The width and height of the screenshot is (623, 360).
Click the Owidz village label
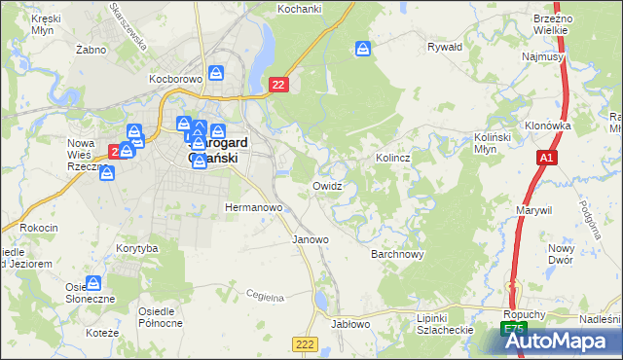coord(326,185)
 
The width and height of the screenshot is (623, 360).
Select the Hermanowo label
coord(253,208)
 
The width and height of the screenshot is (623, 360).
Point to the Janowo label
coord(311,238)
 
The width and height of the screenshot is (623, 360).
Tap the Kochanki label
coord(299,8)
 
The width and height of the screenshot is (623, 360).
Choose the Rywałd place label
coord(445,46)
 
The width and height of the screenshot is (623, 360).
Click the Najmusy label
coord(543,57)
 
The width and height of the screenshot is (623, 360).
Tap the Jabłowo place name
coord(351,324)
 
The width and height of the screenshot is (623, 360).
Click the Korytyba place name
coord(136,249)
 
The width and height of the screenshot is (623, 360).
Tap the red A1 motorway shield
coord(547,157)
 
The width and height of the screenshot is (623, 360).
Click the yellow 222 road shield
coord(304,343)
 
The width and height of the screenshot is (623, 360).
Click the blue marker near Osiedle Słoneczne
coord(94,283)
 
